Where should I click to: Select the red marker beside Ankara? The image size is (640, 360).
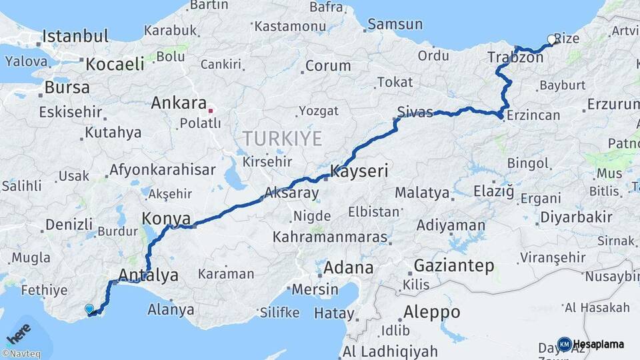click(x=211, y=111)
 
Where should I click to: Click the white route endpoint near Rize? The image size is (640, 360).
click(x=551, y=40)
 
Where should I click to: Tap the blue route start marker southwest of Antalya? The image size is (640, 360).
click(x=89, y=309)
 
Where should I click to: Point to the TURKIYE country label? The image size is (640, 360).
click(x=282, y=139)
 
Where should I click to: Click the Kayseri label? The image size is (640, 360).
click(x=359, y=171)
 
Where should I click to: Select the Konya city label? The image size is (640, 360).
click(x=166, y=218)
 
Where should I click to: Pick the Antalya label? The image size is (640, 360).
click(x=148, y=274)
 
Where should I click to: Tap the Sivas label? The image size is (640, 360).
click(x=415, y=111)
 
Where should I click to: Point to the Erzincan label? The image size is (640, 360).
click(x=533, y=115)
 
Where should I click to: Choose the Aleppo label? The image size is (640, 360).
click(x=431, y=312)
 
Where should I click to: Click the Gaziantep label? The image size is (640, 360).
click(x=454, y=266)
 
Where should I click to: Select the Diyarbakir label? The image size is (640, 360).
click(x=576, y=217)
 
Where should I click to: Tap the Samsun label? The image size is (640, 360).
click(x=395, y=24)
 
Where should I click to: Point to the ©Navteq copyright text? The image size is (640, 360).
click(x=21, y=354)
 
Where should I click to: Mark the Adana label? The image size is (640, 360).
click(x=348, y=268)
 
